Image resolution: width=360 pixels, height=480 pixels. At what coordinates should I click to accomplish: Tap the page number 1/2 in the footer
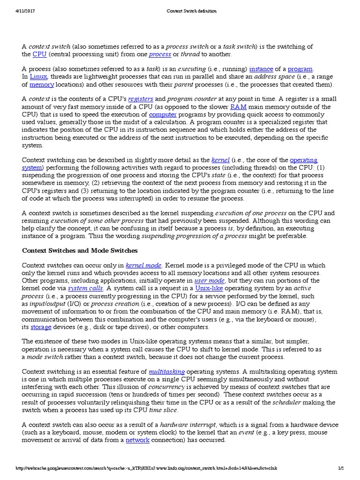341,468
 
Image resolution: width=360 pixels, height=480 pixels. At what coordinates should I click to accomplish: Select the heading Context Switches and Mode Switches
80,251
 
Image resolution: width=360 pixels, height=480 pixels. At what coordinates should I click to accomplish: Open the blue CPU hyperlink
39,54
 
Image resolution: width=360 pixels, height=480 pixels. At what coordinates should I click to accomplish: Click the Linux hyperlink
38,76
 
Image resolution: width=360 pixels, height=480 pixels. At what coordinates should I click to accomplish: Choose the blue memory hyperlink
42,85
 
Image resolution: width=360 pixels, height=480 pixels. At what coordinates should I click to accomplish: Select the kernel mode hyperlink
143,265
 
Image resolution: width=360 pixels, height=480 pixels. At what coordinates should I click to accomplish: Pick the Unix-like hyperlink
209,288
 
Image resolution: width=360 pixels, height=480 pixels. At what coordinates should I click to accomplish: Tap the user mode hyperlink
210,280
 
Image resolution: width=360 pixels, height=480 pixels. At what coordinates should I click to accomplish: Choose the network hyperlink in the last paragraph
138,440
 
